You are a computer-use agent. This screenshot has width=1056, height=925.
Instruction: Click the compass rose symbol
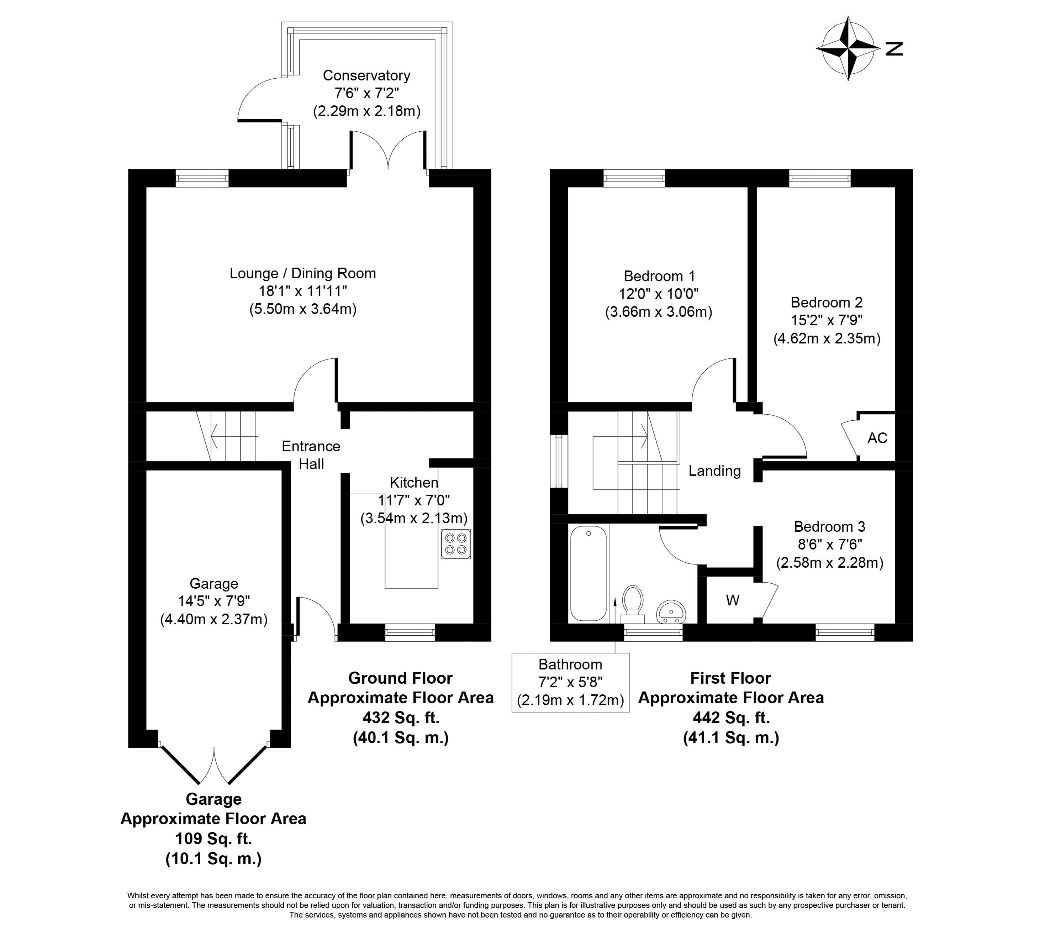click(848, 48)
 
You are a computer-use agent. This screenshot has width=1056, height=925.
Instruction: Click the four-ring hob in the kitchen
click(456, 544)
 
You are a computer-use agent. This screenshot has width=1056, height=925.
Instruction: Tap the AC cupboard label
click(877, 438)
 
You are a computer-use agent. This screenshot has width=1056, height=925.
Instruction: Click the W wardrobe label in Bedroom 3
click(732, 600)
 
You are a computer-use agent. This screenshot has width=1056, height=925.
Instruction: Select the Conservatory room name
click(366, 75)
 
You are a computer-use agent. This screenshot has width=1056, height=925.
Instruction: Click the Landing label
click(714, 471)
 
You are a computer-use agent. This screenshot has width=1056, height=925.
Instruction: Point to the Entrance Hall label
click(311, 455)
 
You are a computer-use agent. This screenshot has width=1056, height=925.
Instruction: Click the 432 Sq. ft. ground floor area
click(401, 718)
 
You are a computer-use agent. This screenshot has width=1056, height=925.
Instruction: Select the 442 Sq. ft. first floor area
click(731, 718)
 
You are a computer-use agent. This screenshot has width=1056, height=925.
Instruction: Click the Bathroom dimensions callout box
click(570, 682)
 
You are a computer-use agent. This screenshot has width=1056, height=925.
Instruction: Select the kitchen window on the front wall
click(410, 633)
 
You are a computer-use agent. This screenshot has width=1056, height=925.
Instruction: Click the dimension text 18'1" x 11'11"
click(302, 291)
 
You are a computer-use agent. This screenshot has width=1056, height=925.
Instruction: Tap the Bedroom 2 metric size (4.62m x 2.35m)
click(827, 338)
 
